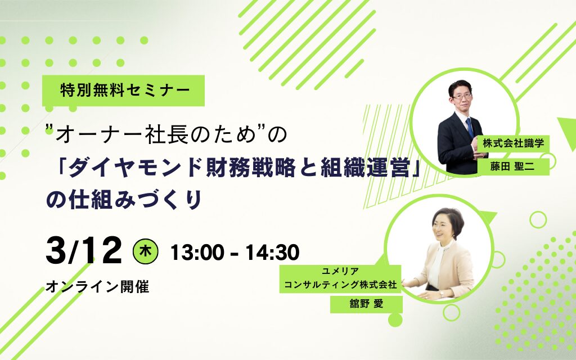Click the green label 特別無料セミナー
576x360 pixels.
coord(124,91)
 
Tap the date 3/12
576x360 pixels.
coord(84,251)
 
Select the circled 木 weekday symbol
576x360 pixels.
coord(145,252)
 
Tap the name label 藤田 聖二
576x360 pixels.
coord(512,166)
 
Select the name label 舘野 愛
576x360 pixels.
coord(366,304)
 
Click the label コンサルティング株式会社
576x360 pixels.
coord(340,285)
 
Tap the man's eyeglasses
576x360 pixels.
coord(462,97)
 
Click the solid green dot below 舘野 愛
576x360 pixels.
coord(395,320)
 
